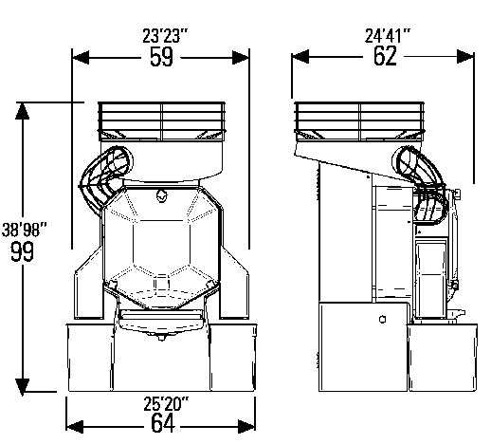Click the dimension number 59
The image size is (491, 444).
tap(161, 57)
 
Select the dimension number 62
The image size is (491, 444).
tap(385, 56)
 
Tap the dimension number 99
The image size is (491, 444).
tap(22, 251)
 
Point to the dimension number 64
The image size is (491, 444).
tap(162, 423)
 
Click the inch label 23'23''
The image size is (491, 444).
tap(165, 36)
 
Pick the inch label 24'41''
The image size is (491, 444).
tap(388, 35)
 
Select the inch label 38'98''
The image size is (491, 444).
tap(25, 230)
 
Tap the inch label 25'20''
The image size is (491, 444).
tap(166, 403)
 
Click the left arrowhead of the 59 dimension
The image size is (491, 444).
tap(81, 58)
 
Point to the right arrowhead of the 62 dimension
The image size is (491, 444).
tap(465, 57)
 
